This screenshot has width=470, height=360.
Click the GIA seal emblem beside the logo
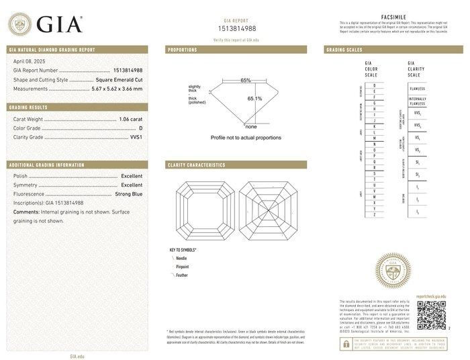[x=19, y=24]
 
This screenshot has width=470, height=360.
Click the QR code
[x=430, y=315]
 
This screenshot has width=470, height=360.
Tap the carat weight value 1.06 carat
[x=130, y=119]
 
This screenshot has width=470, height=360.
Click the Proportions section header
[x=183, y=50]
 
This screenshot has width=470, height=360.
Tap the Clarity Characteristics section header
[x=196, y=165]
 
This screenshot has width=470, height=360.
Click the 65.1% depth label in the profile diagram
[x=254, y=99]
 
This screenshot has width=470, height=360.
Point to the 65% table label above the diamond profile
[x=246, y=81]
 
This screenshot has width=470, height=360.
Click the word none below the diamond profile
[x=251, y=126]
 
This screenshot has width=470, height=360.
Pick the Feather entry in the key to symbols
[x=182, y=275]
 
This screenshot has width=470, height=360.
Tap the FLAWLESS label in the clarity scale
[x=417, y=88]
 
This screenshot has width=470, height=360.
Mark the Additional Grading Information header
[x=46, y=165]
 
